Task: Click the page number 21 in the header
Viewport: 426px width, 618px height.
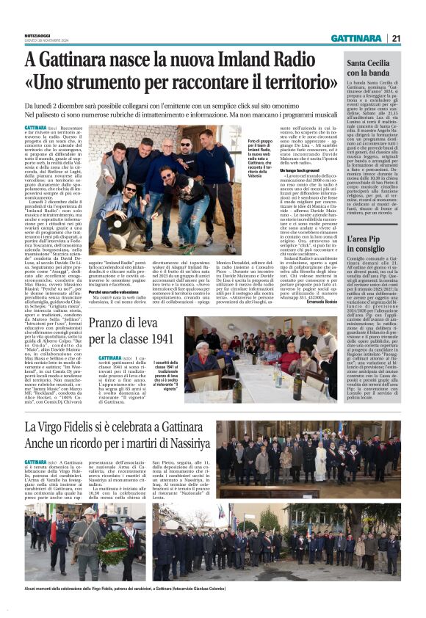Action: (395, 39)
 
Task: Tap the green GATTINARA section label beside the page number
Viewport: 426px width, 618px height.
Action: (356, 39)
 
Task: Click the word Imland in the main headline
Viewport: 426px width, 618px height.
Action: (240, 59)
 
